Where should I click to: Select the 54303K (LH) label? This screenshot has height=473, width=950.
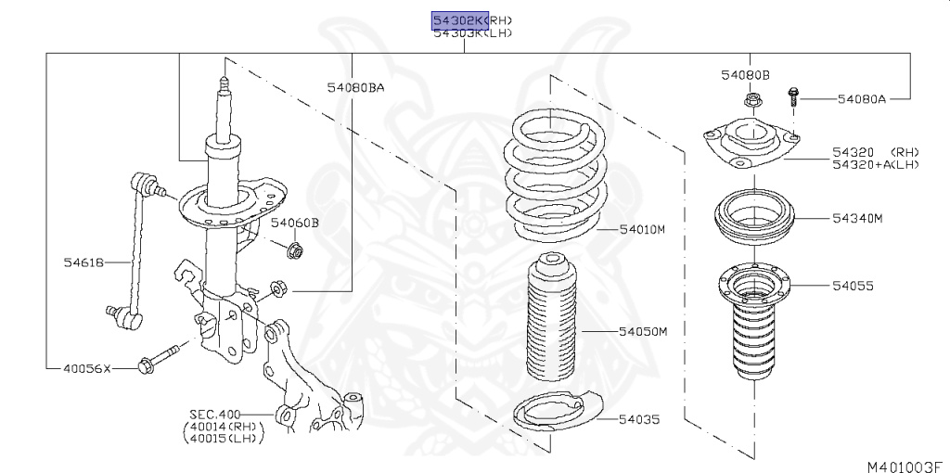[472, 33]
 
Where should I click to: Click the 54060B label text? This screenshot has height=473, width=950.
[295, 223]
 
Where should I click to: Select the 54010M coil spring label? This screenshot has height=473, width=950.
[643, 229]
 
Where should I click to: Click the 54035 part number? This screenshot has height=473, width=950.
[639, 419]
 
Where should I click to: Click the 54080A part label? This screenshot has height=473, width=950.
[862, 97]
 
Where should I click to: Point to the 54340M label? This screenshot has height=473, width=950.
[856, 219]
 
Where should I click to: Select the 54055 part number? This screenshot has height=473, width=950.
[853, 287]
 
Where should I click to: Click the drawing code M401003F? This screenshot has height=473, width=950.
[905, 464]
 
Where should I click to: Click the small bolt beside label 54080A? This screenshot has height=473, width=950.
[794, 96]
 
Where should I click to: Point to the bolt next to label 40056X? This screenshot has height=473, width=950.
[157, 361]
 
